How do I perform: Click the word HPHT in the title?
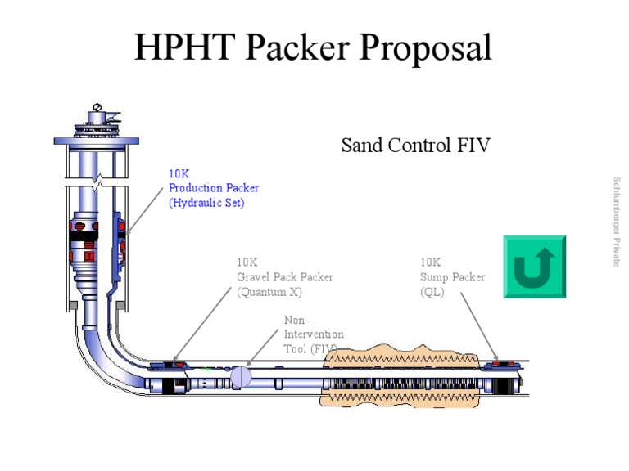coord(184,47)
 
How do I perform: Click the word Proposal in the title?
coord(425,48)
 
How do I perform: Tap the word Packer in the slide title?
coord(297,47)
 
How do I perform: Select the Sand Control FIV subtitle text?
coord(415,145)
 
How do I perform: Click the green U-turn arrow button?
coord(534,267)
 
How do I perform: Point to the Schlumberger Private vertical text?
coord(617,222)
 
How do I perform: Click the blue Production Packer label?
coord(214,188)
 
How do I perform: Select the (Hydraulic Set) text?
coord(206,203)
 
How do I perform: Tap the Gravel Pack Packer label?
coord(285,277)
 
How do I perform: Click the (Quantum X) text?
coord(269,292)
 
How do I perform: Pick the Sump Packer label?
coord(452,277)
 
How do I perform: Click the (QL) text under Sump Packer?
coord(432,292)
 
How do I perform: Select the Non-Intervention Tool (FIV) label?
coord(314,334)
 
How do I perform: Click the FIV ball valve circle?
coord(241,376)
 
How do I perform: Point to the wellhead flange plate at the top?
coord(97,141)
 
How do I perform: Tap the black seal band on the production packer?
coord(84,235)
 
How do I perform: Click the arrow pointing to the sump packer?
coord(479,326)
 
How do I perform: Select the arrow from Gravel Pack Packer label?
coord(202,324)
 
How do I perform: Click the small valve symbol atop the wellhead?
coord(97,107)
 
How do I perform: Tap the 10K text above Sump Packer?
coord(431,262)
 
